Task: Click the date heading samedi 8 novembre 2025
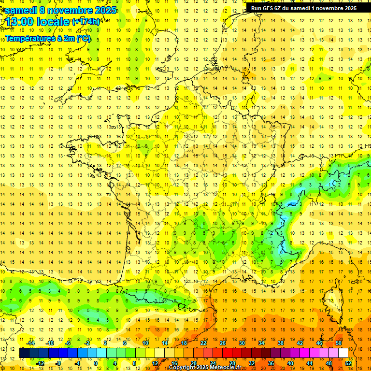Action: pyautogui.click(x=60, y=10)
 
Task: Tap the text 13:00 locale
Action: pyautogui.click(x=37, y=21)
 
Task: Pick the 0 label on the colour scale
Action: pyautogui.click(x=96, y=363)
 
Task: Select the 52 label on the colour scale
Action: pyautogui.click(x=348, y=363)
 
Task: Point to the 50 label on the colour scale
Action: pyautogui.click(x=339, y=343)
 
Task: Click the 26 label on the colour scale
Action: pyautogui.click(x=223, y=343)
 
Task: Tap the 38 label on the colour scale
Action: pyautogui.click(x=281, y=343)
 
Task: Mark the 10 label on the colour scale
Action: pyautogui.click(x=145, y=343)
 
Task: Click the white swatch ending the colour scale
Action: pyautogui.click(x=343, y=353)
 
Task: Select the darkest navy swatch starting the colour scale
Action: pyautogui.click(x=25, y=353)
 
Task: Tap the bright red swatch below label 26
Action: pyautogui.click(x=228, y=353)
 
